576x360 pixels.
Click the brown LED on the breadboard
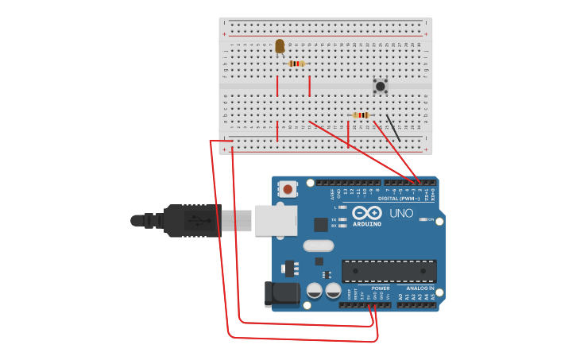coord(280,46)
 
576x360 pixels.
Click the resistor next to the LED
coord(296,64)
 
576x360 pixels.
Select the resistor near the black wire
coord(361,115)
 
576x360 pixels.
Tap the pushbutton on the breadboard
coord(381,86)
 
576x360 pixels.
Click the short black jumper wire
coord(393,127)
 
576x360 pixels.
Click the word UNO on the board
coord(401,213)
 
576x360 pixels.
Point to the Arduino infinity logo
coord(368,213)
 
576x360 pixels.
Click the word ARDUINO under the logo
coord(367,224)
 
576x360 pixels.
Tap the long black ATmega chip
coord(389,270)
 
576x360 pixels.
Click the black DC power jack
coord(282,294)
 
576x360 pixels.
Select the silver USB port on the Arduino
coord(276,220)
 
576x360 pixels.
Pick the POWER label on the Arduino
coord(381,288)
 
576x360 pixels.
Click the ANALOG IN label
coord(420,288)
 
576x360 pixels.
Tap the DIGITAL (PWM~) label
coord(404,198)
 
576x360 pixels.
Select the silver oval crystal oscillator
coord(318,246)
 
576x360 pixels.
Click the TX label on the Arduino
coord(334,219)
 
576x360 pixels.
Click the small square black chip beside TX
coord(320,225)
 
